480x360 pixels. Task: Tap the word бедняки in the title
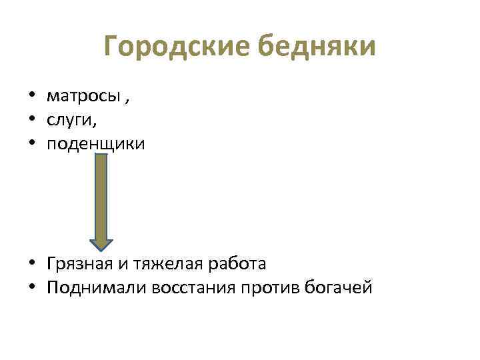316,47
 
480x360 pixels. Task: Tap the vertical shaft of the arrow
101,197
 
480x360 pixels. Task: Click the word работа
235,264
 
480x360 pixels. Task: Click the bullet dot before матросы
31,97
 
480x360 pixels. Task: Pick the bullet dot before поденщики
31,143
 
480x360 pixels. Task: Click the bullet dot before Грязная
31,264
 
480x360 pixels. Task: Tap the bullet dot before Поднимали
31,288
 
